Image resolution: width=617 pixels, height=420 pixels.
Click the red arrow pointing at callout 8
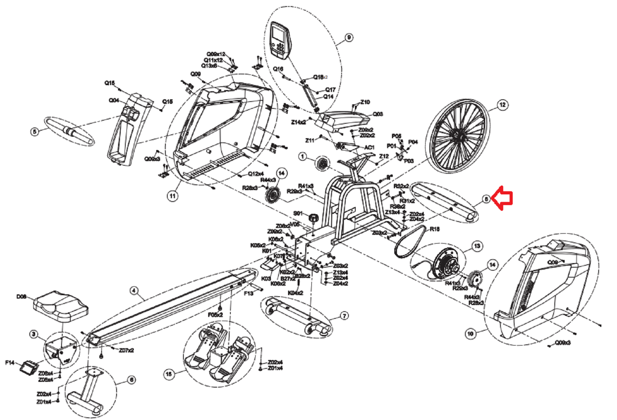pyautogui.click(x=502, y=198)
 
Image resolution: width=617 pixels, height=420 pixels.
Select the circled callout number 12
pyautogui.click(x=502, y=105)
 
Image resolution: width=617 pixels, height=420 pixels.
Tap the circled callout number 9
pyautogui.click(x=348, y=37)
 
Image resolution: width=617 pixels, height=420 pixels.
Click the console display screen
pyautogui.click(x=278, y=36)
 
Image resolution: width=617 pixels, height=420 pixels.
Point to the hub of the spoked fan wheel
pyautogui.click(x=457, y=136)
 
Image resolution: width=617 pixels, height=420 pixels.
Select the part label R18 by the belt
pyautogui.click(x=434, y=229)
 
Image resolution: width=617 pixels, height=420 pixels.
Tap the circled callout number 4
pyautogui.click(x=134, y=291)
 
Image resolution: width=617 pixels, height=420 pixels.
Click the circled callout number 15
pyautogui.click(x=169, y=374)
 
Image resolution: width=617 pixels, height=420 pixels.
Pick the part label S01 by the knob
pyautogui.click(x=298, y=213)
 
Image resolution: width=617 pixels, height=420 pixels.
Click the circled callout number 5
pyautogui.click(x=35, y=132)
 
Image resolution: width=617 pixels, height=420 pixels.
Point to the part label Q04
pyautogui.click(x=114, y=100)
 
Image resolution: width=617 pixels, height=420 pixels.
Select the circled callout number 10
pyautogui.click(x=470, y=333)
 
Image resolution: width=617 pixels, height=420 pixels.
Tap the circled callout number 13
pyautogui.click(x=477, y=246)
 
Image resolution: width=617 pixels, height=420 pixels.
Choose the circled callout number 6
pyautogui.click(x=131, y=380)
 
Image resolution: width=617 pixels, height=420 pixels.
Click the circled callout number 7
pyautogui.click(x=344, y=316)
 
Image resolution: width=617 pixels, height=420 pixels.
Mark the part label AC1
pyautogui.click(x=369, y=147)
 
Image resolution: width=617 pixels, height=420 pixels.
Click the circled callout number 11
pyautogui.click(x=173, y=196)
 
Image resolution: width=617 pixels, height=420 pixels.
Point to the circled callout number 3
pyautogui.click(x=34, y=334)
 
